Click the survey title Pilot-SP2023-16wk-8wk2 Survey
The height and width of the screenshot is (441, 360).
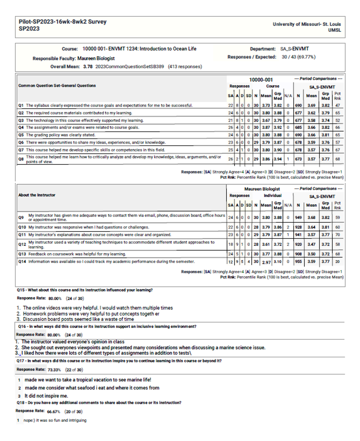(63, 22)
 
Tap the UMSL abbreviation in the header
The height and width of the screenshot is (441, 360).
(334, 30)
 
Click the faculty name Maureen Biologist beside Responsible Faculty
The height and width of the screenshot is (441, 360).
(96, 58)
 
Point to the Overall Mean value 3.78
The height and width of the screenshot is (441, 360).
(88, 67)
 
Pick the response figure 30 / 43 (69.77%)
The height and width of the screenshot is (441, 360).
(298, 57)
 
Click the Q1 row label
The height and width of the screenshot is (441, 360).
(21, 105)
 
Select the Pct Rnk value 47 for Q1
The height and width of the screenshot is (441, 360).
(337, 105)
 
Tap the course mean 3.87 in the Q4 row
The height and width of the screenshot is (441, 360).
(266, 127)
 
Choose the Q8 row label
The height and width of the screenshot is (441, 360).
(21, 159)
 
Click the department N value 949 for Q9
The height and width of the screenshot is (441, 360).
(298, 217)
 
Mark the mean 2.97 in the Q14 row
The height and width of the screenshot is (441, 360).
(266, 262)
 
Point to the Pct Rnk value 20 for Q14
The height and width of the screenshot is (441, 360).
(337, 261)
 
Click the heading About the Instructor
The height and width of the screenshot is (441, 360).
(37, 195)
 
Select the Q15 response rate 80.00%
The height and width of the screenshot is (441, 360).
(55, 298)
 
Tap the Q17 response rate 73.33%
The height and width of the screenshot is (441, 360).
(54, 370)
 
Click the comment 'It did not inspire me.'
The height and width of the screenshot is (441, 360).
(46, 396)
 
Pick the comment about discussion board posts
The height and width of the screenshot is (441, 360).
(78, 319)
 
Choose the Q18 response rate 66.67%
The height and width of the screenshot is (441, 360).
(53, 412)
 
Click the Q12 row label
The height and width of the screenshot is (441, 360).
(22, 244)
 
